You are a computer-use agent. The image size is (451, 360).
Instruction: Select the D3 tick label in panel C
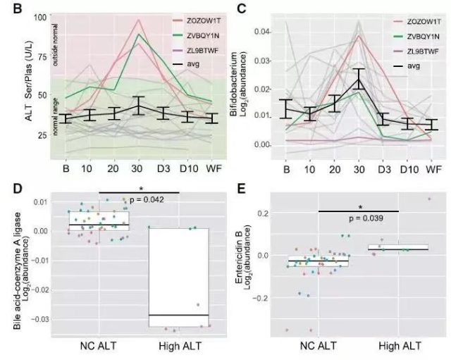click(383, 170)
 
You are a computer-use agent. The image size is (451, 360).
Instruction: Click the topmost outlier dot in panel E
click(429, 199)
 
